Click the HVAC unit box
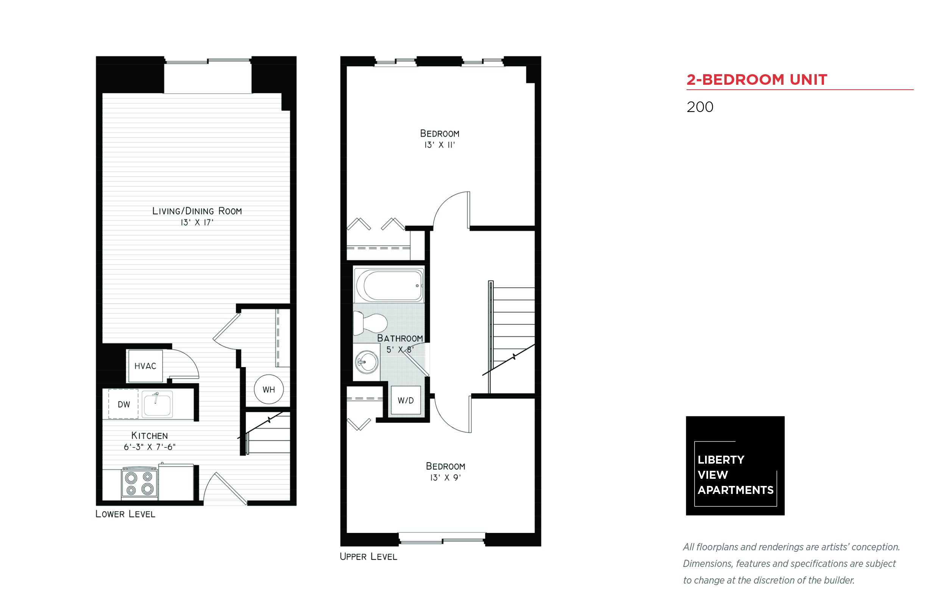145,366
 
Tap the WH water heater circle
268,389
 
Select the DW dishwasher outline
123,404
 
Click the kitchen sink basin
157,404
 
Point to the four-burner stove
139,483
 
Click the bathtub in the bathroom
389,285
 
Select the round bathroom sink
366,362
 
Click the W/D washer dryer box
406,400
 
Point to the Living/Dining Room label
197,211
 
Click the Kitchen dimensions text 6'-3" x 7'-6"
150,447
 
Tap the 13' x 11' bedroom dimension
439,145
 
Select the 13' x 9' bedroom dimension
445,477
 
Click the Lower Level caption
125,514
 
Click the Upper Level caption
368,556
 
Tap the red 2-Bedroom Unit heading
757,79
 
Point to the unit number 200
700,107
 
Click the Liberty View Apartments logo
735,466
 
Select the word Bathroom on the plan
400,338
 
